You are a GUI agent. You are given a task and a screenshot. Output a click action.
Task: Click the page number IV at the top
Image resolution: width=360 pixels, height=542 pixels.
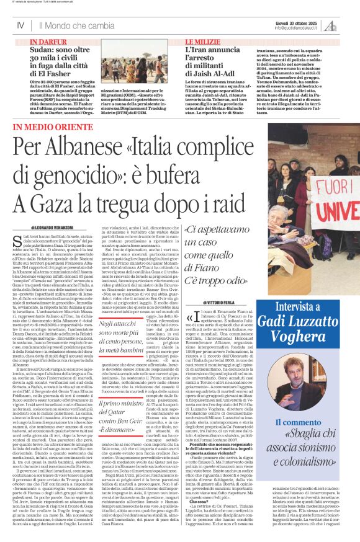pyautogui.click(x=20, y=25)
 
